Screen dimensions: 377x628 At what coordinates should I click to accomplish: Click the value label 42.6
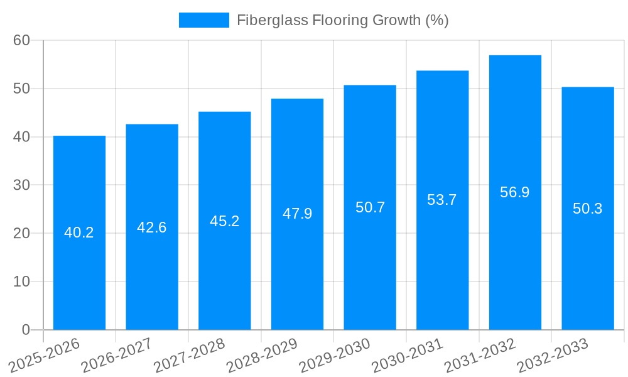[152, 227]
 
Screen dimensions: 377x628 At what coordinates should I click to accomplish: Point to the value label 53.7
[442, 200]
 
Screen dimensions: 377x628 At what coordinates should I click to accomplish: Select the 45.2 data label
[225, 221]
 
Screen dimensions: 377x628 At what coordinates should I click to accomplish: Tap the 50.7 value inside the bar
[370, 207]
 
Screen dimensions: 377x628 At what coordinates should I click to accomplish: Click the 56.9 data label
[515, 192]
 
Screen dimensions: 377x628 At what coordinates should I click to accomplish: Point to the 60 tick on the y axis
[21, 40]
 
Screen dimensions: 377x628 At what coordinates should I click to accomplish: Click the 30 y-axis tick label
[21, 185]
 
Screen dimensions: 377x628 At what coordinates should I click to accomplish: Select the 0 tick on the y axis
[26, 330]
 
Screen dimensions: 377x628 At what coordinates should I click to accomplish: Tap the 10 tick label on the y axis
[21, 281]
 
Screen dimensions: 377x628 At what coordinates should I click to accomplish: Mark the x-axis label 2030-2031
[408, 356]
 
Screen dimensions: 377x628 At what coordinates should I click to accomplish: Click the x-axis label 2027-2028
[189, 356]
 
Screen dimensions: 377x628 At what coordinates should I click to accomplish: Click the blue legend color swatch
[204, 20]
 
